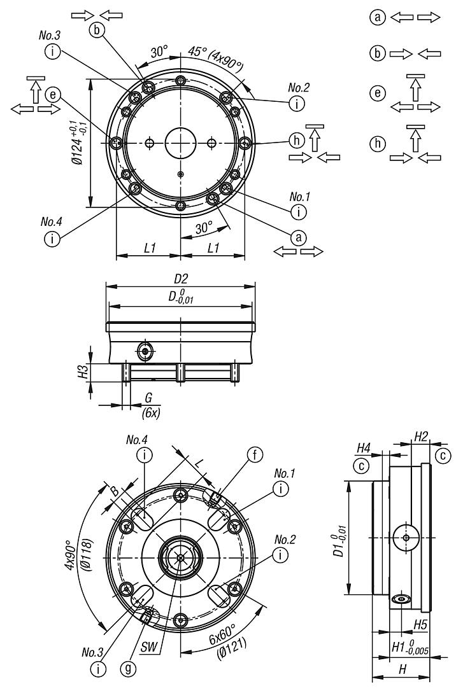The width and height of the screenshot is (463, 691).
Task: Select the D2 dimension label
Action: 181,279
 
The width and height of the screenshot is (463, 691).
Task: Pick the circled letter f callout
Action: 255,455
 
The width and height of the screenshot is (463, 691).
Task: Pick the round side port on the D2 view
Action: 146,351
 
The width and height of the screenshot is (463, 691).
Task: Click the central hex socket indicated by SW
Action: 182,557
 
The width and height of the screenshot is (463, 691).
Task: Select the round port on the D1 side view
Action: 406,538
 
